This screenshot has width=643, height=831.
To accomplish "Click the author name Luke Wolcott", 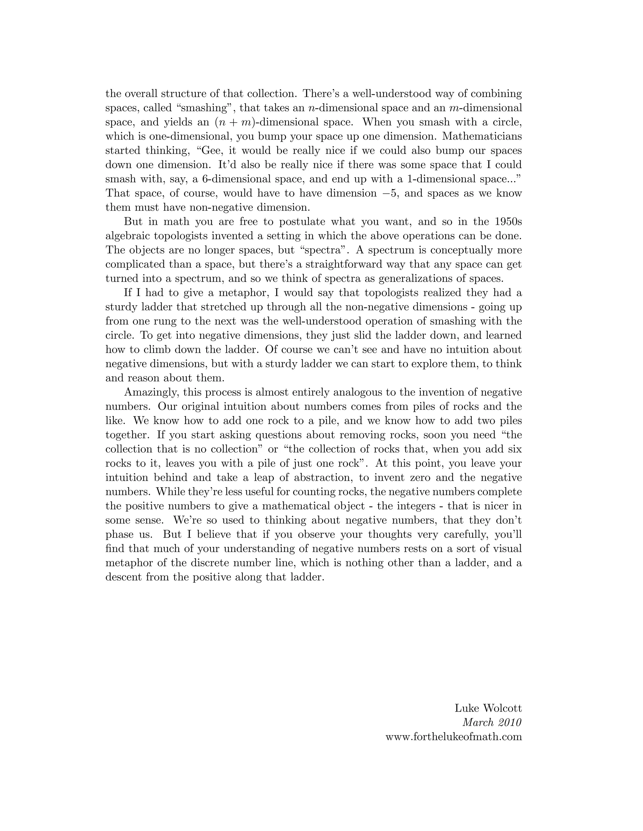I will click(488, 708).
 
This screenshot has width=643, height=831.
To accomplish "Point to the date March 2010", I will click(492, 722).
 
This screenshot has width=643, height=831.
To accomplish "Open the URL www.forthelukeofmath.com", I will click(454, 737).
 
